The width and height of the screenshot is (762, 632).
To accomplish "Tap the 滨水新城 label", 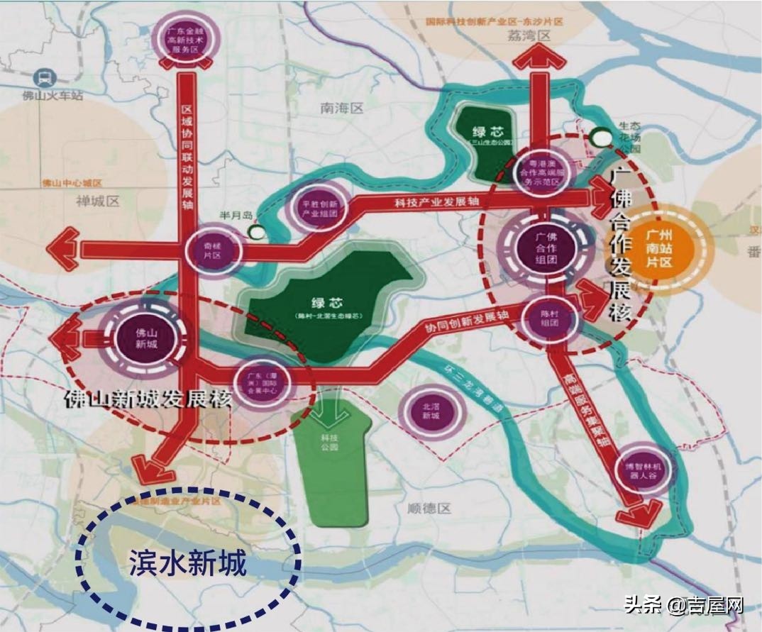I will point(187,564).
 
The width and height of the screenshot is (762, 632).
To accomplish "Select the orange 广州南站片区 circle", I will point(666,246).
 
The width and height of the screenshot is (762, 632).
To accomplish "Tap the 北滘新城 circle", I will point(431,410).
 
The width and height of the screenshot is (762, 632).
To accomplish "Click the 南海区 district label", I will point(341,109).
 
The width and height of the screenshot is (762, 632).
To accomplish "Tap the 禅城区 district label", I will point(97,201).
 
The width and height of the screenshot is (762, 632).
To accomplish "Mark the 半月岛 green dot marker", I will point(255,231).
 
